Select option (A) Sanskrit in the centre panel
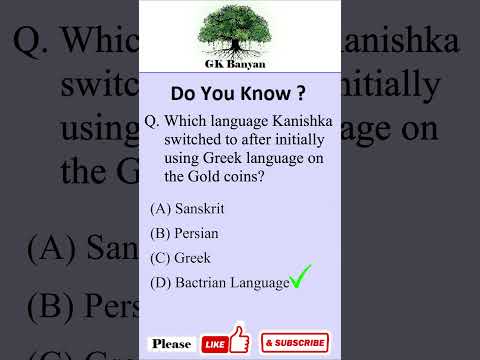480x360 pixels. (x=187, y=208)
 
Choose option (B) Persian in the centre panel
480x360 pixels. (x=184, y=233)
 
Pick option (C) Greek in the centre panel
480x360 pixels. (x=180, y=258)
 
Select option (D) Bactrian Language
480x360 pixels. (x=219, y=283)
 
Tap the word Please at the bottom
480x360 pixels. (x=172, y=343)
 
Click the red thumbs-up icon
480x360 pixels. (x=238, y=339)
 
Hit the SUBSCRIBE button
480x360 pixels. (x=295, y=343)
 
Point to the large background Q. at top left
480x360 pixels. (x=29, y=41)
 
